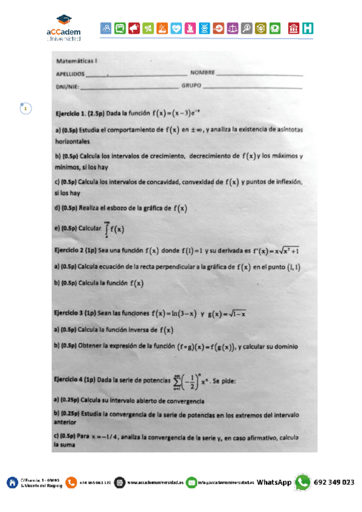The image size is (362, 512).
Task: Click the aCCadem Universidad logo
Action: coord(63,28)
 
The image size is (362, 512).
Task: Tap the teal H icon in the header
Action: coord(308,28)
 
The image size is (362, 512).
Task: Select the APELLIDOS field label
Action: coord(69,74)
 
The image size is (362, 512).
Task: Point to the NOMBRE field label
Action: coord(202,73)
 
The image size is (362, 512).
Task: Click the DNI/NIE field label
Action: coord(67,86)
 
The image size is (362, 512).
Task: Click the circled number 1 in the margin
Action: coord(25,108)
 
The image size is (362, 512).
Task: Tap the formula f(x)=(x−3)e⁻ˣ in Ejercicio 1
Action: coord(176,113)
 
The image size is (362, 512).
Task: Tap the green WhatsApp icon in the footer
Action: coord(302,482)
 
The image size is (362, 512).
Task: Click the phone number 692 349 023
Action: coord(335,482)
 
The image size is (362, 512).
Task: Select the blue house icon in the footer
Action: coord(12,482)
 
